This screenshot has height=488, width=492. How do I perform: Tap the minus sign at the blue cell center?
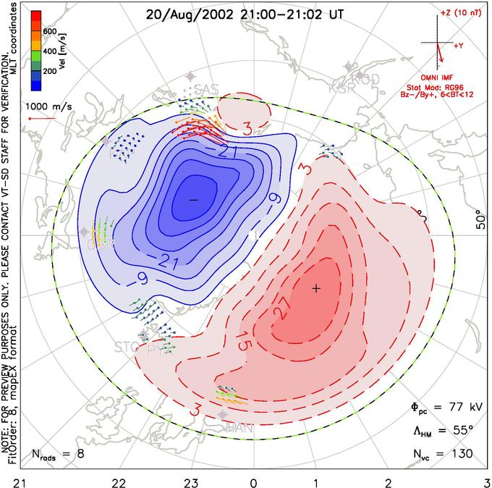point(192,198)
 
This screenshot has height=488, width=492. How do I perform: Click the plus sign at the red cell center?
point(315,288)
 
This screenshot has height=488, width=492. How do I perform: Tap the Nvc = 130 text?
point(443,454)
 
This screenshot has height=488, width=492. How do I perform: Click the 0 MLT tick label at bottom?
point(253,481)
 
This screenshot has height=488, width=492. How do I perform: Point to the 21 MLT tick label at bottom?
point(9,481)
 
